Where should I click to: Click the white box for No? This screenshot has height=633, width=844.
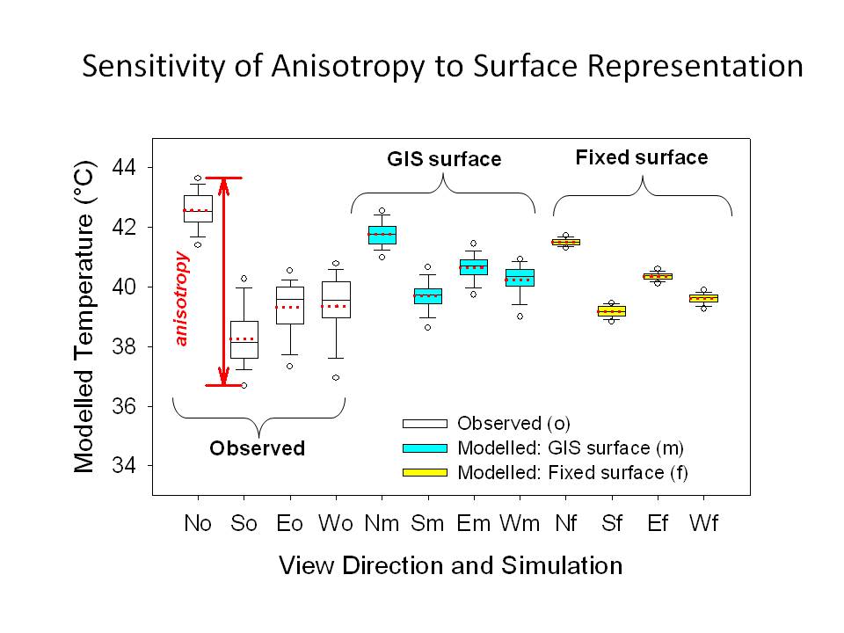[x=198, y=208]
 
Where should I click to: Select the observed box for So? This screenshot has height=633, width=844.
[x=244, y=339]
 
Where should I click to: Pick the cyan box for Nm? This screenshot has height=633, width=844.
[x=382, y=235]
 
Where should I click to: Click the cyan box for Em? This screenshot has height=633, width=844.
[x=474, y=266]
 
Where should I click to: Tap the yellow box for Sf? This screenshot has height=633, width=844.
[x=612, y=310]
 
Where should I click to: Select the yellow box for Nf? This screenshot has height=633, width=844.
[x=565, y=242]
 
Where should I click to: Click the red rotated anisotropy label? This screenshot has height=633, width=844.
[x=182, y=299]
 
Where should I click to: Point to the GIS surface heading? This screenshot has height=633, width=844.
[x=444, y=159]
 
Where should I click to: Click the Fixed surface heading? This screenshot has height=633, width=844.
[x=642, y=157]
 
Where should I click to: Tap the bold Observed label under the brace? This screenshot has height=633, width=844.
[x=257, y=448]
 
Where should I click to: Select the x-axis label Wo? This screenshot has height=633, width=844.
[x=336, y=523]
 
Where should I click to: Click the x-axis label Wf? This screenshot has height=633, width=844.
[x=703, y=523]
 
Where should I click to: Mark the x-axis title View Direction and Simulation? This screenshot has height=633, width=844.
[x=450, y=564]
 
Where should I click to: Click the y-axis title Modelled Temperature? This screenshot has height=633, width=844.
[x=84, y=316]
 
